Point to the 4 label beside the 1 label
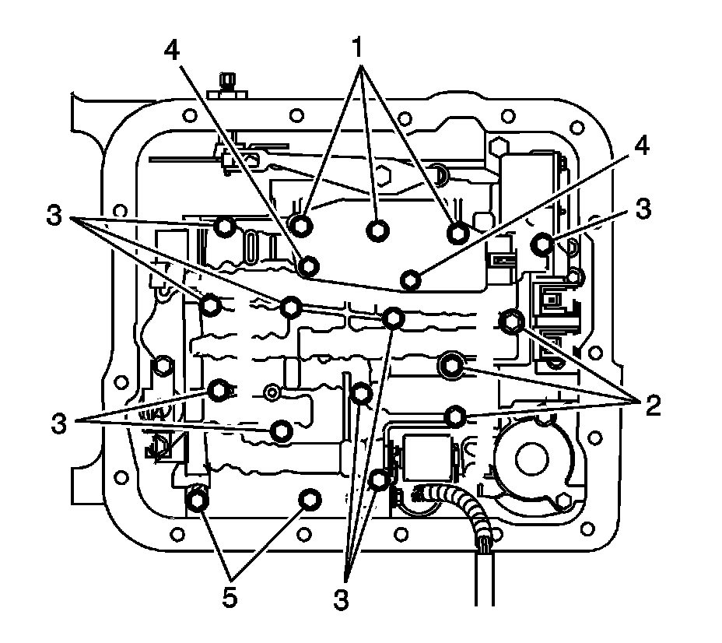click(x=173, y=48)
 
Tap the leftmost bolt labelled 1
click(x=303, y=224)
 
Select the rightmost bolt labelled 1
click(x=456, y=232)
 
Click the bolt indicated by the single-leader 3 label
click(x=542, y=244)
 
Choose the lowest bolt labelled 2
click(x=456, y=417)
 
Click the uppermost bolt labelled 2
click(x=511, y=319)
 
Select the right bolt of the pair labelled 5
click(x=310, y=499)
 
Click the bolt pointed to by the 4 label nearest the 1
click(x=309, y=266)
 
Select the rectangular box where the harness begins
click(x=426, y=458)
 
